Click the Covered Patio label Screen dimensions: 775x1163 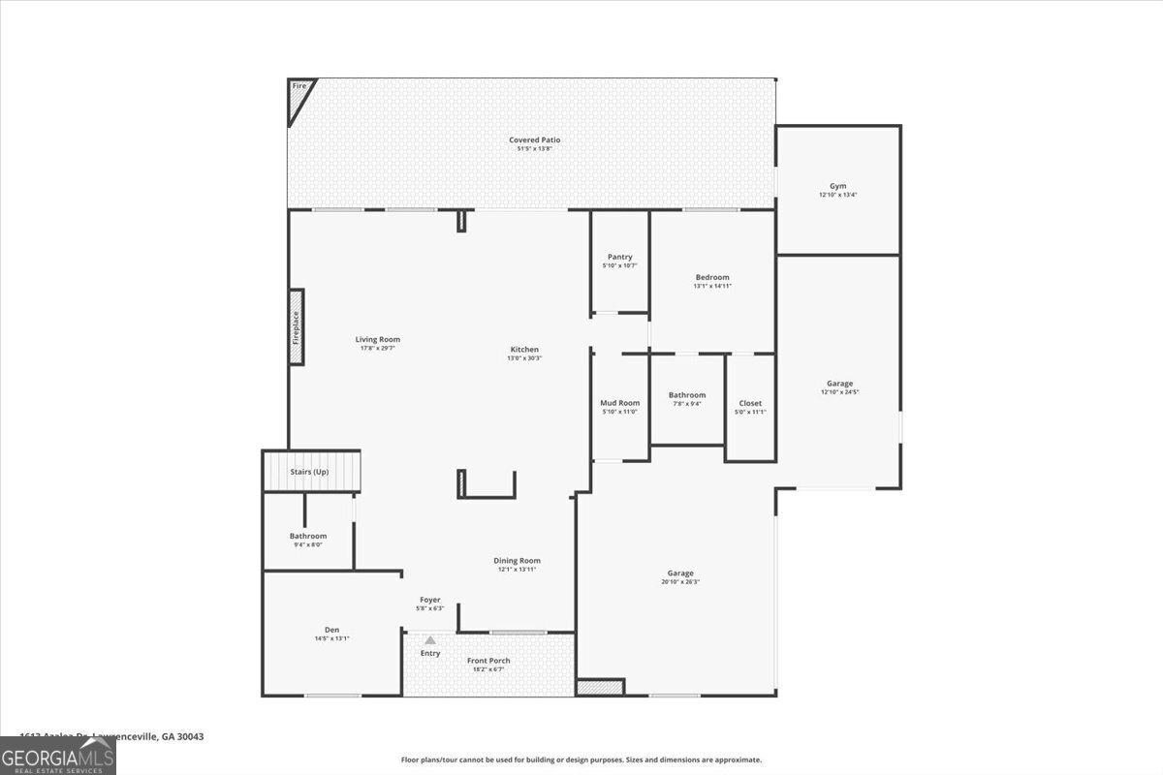[x=534, y=140]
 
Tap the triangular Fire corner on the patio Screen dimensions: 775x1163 [x=299, y=96]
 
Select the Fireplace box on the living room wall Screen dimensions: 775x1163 [x=297, y=327]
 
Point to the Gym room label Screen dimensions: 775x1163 [x=837, y=186]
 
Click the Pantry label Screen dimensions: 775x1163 [x=619, y=257]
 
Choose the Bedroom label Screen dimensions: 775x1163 [x=711, y=277]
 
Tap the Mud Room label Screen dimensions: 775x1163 [x=619, y=403]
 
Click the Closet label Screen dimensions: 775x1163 [x=750, y=403]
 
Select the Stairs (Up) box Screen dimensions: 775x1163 [x=311, y=472]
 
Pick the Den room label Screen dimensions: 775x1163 [x=331, y=629]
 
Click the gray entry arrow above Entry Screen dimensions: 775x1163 [x=430, y=640]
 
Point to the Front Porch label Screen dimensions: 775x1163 [x=488, y=661]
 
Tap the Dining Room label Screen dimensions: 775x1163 [x=517, y=561]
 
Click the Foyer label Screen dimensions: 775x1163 [x=430, y=600]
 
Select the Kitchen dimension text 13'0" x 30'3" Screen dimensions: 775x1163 [x=524, y=357]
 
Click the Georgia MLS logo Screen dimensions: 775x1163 [x=58, y=756]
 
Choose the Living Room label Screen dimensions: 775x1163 [x=377, y=339]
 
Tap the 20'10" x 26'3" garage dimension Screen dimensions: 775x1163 [x=679, y=581]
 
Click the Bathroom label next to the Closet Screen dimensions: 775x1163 [x=686, y=395]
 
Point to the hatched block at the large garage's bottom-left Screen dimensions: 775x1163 [x=600, y=687]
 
